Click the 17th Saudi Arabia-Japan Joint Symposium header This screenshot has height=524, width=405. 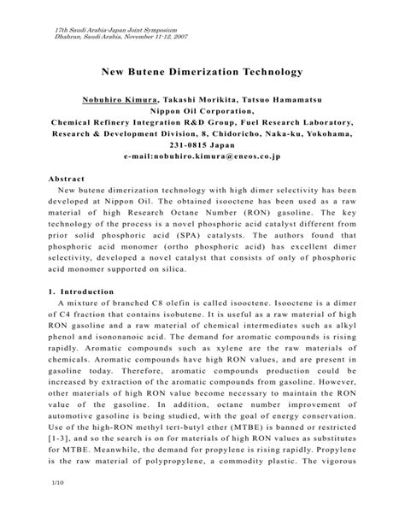click(x=103, y=28)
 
